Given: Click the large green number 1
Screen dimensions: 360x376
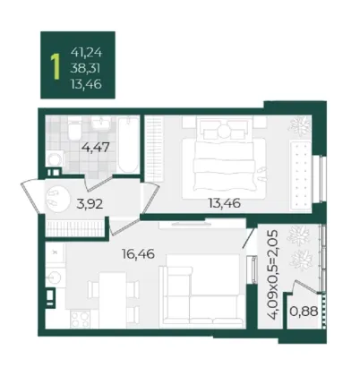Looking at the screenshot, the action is point(55,67).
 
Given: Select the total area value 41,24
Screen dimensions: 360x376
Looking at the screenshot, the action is point(87,53).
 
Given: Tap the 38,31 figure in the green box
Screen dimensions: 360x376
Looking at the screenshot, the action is point(85,69).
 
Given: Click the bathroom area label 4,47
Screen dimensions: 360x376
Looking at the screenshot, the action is point(97,147).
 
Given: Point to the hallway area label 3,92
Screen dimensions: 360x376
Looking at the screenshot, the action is point(90,204).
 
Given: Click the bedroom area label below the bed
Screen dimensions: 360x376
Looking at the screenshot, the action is point(225,203).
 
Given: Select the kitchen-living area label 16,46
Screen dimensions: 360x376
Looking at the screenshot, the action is point(138,254).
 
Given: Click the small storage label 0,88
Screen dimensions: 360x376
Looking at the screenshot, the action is point(304,312).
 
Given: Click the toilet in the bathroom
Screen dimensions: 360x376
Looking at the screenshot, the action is point(74,129).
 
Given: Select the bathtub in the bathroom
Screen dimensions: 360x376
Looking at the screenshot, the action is point(129,145).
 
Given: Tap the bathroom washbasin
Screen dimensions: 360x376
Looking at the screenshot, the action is point(101,123).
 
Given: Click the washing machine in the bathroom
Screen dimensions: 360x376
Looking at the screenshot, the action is point(55,158).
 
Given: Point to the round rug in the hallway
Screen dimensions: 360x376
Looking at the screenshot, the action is point(57,200).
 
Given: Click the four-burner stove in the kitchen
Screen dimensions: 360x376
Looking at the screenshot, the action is point(80,319).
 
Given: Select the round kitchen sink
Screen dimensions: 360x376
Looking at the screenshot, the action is point(55,278).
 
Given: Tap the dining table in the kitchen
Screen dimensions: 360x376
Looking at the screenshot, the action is point(112,299).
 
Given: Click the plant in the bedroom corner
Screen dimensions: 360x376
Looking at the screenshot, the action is point(299,124).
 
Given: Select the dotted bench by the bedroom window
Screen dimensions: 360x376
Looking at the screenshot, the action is point(301,174).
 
